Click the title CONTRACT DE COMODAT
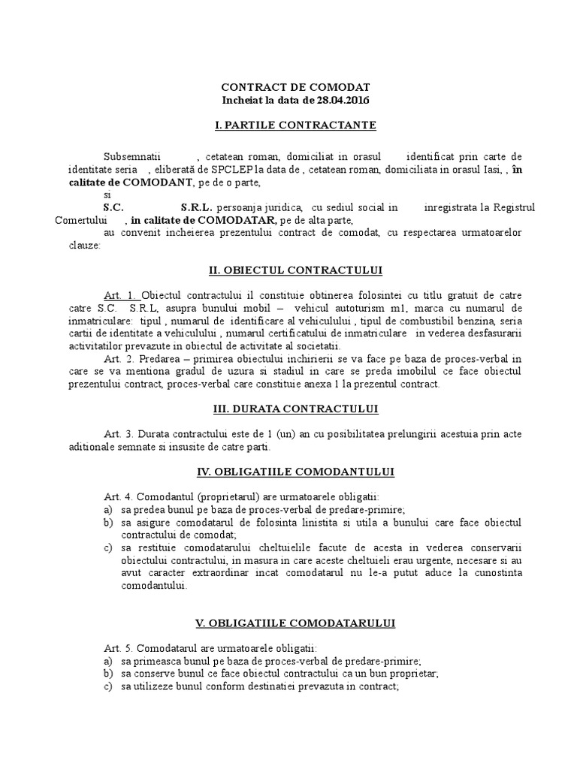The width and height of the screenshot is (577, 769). pyautogui.click(x=295, y=87)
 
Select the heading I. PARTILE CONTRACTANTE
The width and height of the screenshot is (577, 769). pyautogui.click(x=295, y=125)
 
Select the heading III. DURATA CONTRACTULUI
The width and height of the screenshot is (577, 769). pyautogui.click(x=295, y=409)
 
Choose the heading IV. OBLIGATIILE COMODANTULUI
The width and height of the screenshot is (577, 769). pyautogui.click(x=295, y=472)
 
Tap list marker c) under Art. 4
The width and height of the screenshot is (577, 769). pyautogui.click(x=107, y=547)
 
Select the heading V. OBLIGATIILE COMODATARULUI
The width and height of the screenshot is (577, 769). pyautogui.click(x=295, y=623)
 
